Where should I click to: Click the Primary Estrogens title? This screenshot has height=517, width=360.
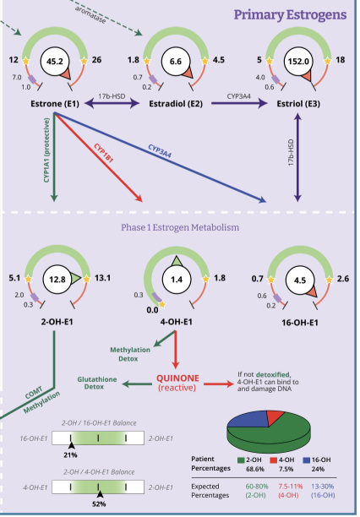[289, 14]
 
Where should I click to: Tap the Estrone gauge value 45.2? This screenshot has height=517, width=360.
[57, 60]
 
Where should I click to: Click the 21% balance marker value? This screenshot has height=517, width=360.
[71, 453]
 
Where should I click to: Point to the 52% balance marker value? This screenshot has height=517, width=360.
[98, 503]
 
